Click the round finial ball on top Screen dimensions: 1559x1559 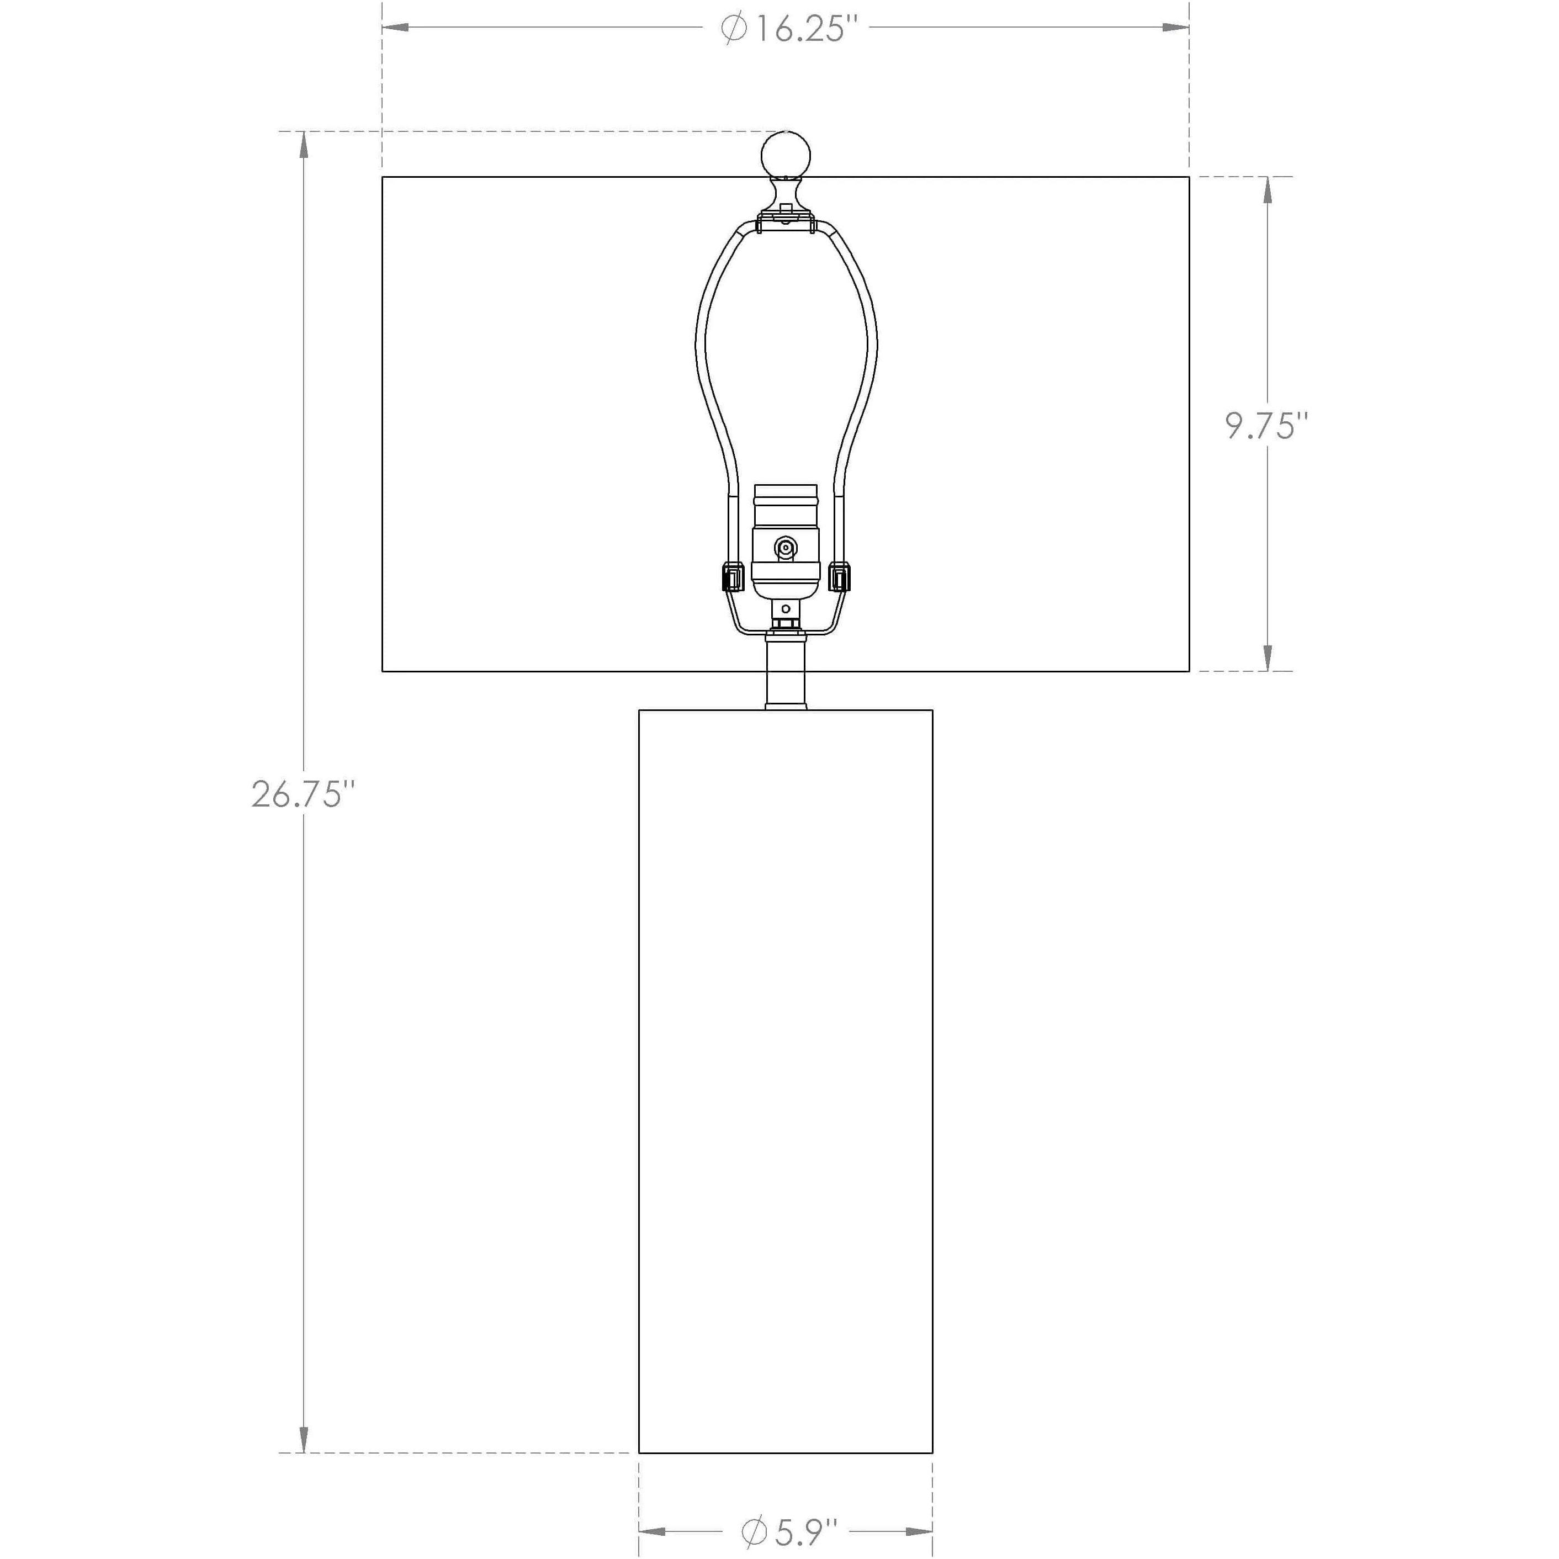click(x=786, y=153)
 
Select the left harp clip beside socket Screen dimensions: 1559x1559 click(x=733, y=577)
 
